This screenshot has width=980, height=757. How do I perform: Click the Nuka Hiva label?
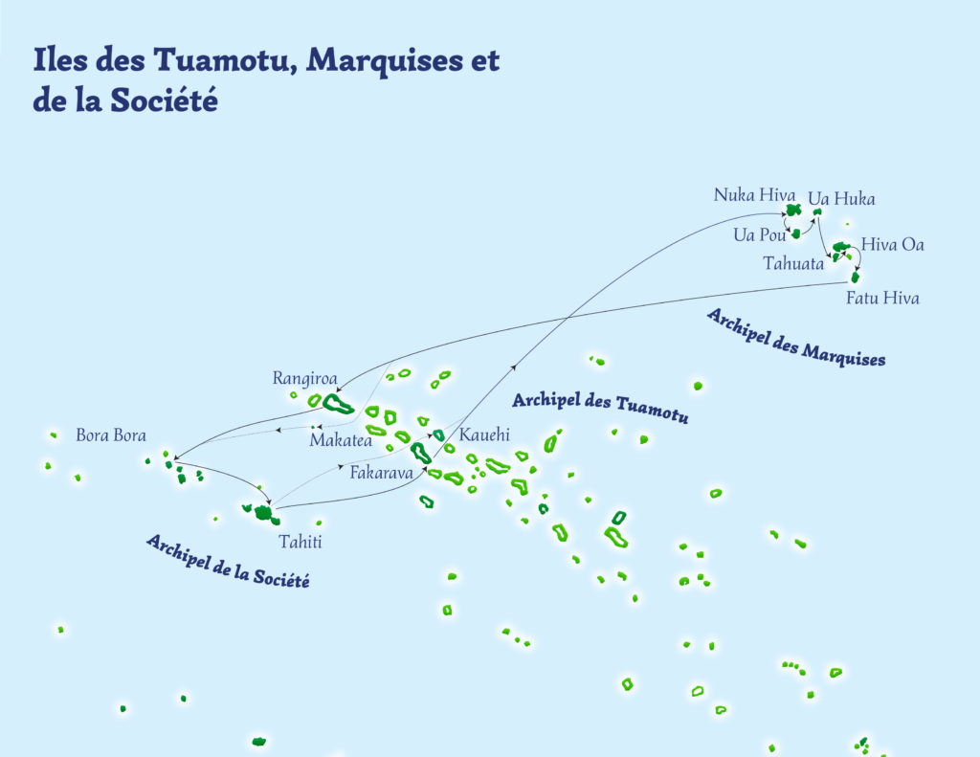754,195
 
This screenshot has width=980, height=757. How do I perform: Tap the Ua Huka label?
841,199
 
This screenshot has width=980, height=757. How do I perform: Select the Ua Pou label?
759,234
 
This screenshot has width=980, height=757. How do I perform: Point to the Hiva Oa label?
892,245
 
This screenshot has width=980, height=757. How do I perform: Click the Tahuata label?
793,264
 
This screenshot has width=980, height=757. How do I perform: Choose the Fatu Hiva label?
882,299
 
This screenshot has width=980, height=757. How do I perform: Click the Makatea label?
340,440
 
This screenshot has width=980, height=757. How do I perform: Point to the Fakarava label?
380,472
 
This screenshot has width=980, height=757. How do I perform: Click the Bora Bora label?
111,435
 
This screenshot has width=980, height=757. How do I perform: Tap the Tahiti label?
300,543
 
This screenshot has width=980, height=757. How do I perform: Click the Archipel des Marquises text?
795,338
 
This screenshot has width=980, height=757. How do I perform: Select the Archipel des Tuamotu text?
600,407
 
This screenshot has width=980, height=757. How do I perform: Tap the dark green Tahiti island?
262,513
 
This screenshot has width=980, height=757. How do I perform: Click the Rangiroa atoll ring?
336,404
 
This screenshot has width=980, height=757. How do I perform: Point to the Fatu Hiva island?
856,278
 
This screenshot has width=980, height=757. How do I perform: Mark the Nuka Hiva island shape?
792,211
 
